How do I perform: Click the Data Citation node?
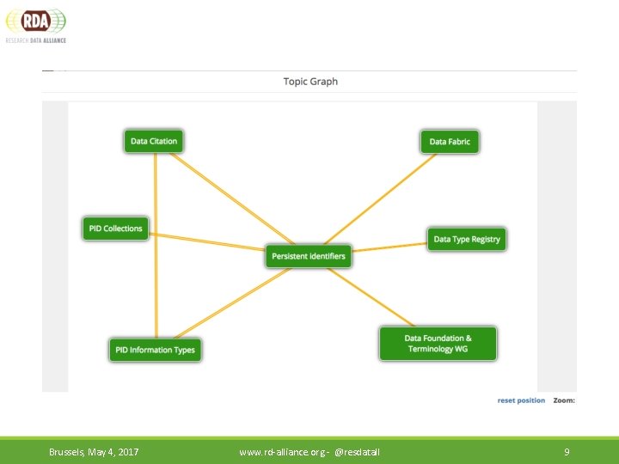[x=154, y=141]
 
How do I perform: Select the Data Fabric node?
[x=450, y=141]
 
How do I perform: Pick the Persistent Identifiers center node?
[x=308, y=256]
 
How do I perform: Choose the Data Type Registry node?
[x=466, y=239]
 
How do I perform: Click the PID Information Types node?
[x=156, y=350]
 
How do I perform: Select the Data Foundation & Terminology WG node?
[x=438, y=344]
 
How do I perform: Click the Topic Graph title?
[x=310, y=82]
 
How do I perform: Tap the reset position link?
[x=521, y=400]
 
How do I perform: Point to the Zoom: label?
[x=564, y=400]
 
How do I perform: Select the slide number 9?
[x=567, y=452]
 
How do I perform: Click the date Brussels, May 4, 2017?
[x=94, y=452]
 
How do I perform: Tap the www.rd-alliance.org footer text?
[x=309, y=452]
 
